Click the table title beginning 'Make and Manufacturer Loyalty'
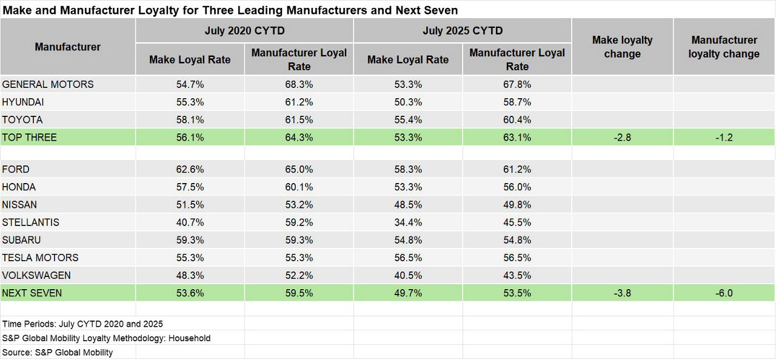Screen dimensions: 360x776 [230, 10]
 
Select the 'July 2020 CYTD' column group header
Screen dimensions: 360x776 [244, 30]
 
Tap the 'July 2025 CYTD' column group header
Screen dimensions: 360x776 [463, 30]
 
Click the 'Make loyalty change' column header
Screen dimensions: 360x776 [622, 47]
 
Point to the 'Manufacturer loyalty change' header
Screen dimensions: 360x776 [724, 47]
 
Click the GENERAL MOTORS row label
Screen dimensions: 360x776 [48, 84]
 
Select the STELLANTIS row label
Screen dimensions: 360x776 [31, 222]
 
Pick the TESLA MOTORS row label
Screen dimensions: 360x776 [40, 258]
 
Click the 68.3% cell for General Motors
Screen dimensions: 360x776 [299, 84]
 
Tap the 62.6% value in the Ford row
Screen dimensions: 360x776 [190, 169]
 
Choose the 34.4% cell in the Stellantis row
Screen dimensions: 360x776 [408, 222]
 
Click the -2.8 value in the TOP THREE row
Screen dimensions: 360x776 [622, 138]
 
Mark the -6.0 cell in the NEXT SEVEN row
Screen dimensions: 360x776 [724, 293]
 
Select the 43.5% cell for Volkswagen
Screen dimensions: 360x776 [517, 275]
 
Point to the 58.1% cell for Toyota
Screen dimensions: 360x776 [190, 119]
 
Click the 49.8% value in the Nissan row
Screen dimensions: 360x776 [517, 205]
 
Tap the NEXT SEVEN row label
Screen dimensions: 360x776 [32, 293]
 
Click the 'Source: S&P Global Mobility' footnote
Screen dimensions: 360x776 [58, 352]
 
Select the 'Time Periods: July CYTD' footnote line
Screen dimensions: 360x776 [82, 324]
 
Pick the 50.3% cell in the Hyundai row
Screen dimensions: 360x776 [408, 102]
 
